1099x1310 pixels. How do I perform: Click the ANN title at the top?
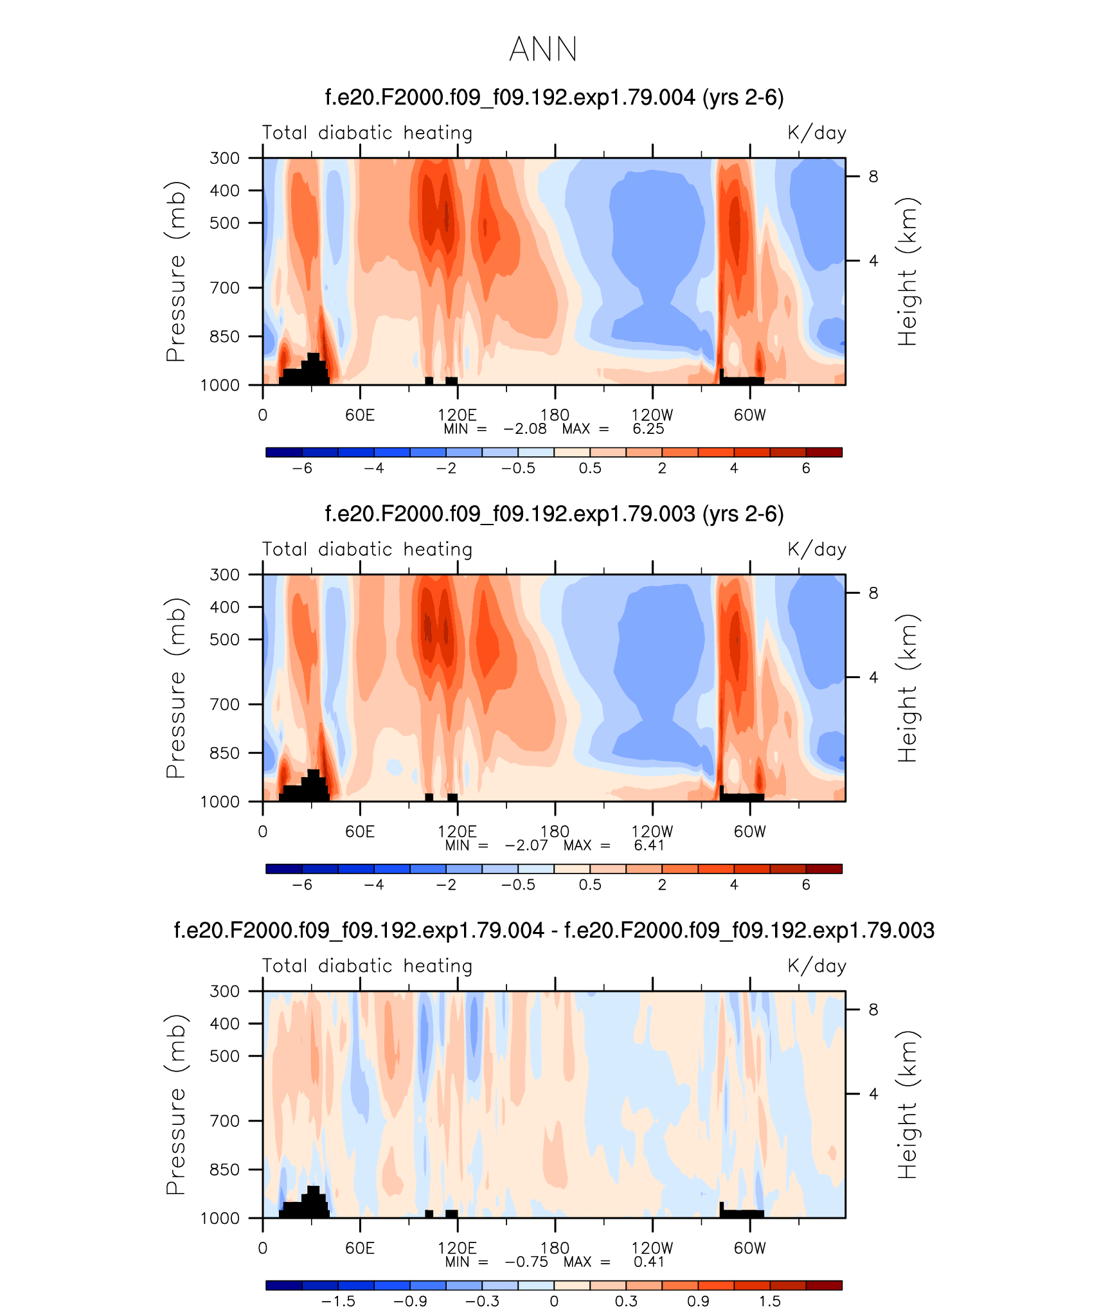tap(543, 49)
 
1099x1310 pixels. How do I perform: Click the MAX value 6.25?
tap(648, 429)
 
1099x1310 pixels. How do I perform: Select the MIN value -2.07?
tap(526, 845)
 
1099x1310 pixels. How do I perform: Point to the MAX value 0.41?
tap(649, 1262)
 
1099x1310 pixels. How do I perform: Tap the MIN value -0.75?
tap(526, 1262)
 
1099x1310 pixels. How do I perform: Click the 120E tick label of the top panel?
tap(457, 415)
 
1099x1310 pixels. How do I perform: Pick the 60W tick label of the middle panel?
tap(750, 831)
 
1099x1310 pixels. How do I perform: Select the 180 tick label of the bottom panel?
tap(555, 1248)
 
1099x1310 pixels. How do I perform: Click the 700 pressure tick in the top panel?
tap(224, 287)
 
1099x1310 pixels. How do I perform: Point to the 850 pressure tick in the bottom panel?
tap(224, 1169)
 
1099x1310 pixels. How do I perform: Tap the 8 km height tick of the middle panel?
tap(873, 593)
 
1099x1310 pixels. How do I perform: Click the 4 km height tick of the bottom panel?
tap(873, 1093)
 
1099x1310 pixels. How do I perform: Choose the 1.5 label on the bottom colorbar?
tap(769, 1301)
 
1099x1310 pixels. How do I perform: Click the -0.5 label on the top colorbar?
tap(518, 468)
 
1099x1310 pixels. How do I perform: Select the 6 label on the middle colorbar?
tap(806, 884)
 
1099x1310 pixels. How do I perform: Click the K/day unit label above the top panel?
tap(817, 133)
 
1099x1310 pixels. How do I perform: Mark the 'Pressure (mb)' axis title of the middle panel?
tap(175, 688)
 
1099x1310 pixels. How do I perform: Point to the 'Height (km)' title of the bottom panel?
tap(907, 1104)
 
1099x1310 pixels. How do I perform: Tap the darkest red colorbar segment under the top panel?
tap(824, 452)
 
